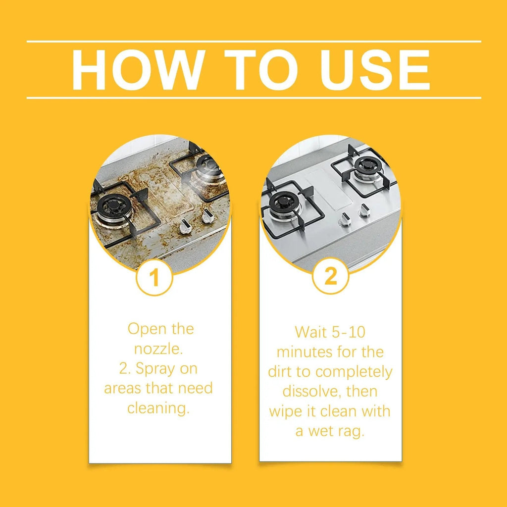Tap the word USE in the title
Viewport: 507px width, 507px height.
374,69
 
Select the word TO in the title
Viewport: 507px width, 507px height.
261,69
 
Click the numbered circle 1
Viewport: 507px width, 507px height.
154,277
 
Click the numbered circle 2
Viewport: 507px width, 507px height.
330,276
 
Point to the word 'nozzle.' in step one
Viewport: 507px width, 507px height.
158,349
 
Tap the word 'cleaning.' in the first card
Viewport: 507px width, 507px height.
158,408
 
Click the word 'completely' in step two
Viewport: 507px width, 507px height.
354,372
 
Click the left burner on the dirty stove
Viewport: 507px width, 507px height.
114,207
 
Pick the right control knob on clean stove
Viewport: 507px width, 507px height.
364,210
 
